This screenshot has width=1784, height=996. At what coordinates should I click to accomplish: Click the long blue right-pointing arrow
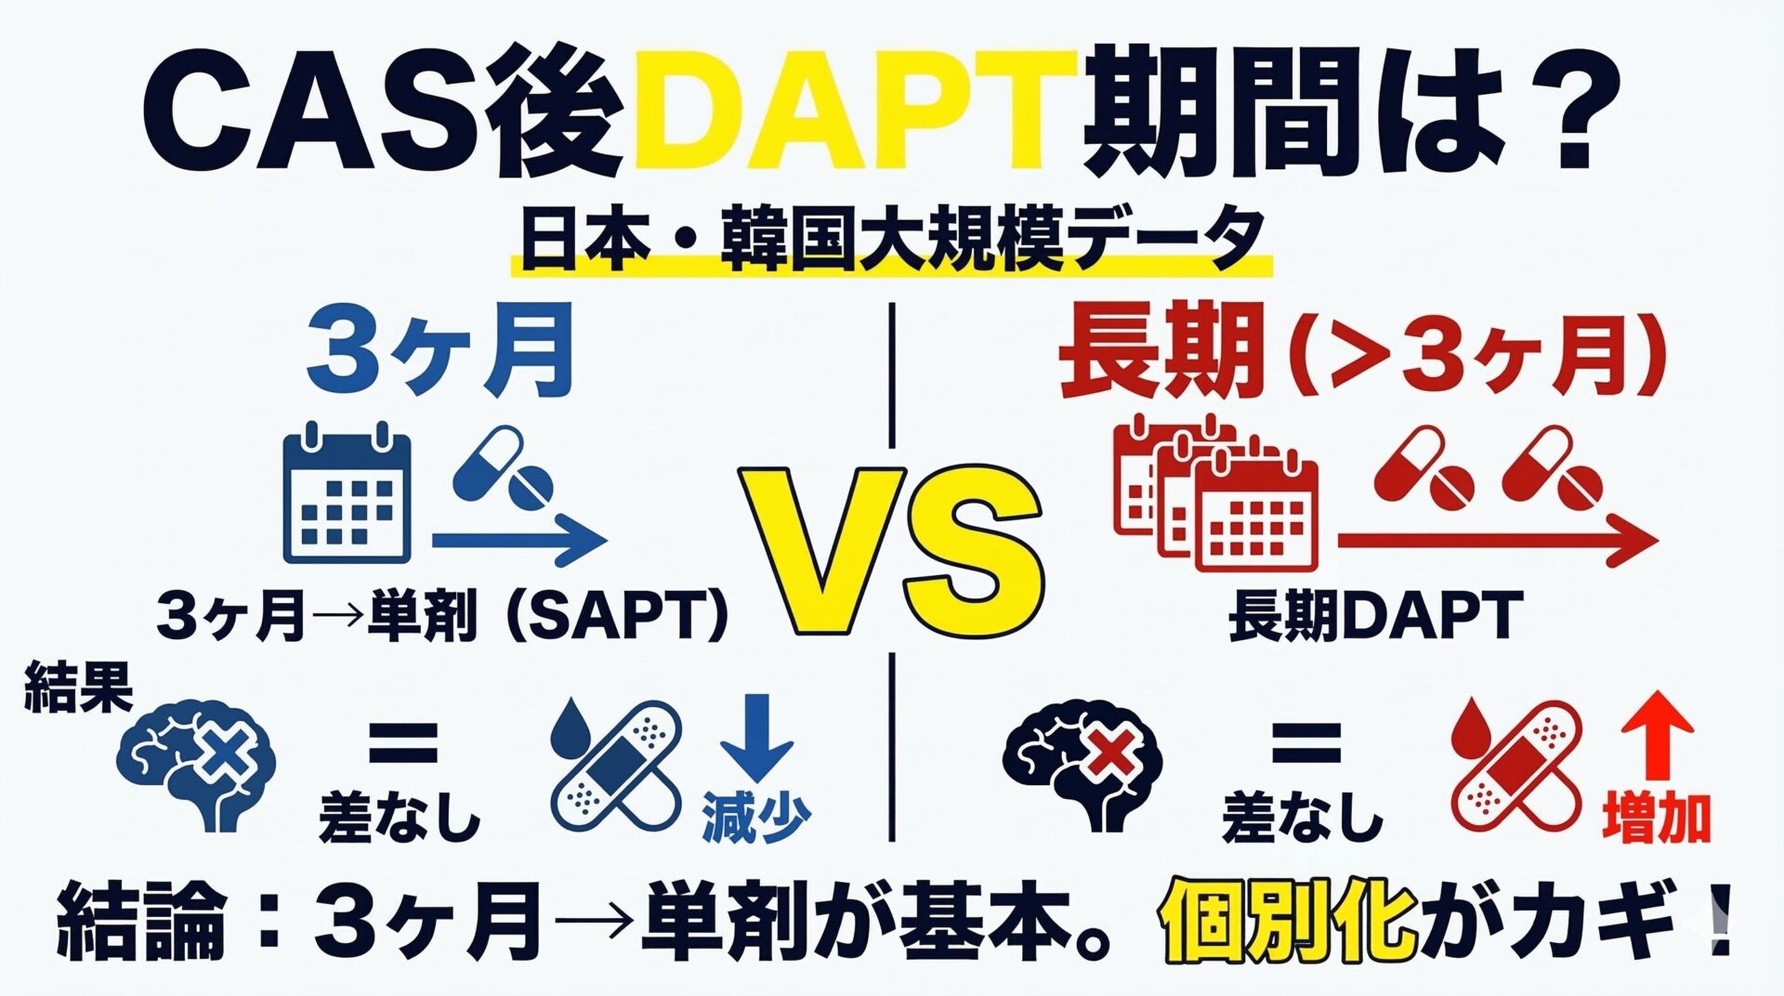click(x=518, y=539)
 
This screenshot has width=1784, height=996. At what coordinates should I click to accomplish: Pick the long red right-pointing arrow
click(x=1498, y=540)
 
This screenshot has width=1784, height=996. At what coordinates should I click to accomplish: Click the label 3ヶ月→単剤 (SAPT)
click(x=442, y=616)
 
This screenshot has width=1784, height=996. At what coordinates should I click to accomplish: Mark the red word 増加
click(x=1657, y=819)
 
